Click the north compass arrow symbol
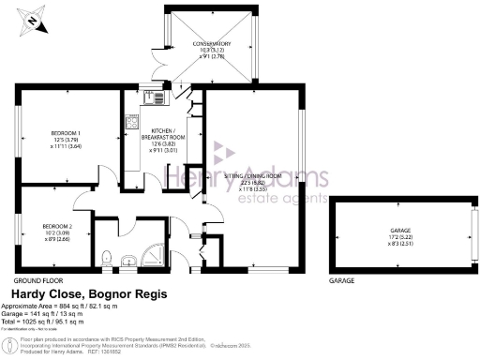pyautogui.click(x=33, y=18)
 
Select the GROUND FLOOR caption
pyautogui.click(x=38, y=280)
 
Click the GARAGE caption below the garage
pyautogui.click(x=341, y=280)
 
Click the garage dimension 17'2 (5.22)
pyautogui.click(x=402, y=239)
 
